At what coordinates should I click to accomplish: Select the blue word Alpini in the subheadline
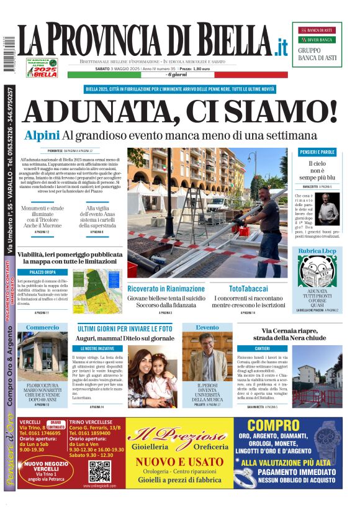tap(42, 135)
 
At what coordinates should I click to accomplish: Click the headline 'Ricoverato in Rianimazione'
tap(167, 289)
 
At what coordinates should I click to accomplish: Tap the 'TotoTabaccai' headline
tap(248, 289)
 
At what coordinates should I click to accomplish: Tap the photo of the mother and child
tap(152, 376)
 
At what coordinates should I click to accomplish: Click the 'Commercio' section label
tap(42, 327)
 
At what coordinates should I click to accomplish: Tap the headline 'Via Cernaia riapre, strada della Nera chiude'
tap(293, 335)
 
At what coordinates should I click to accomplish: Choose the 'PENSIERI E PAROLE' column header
tap(317, 151)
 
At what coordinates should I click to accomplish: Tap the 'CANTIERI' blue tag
tap(262, 348)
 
